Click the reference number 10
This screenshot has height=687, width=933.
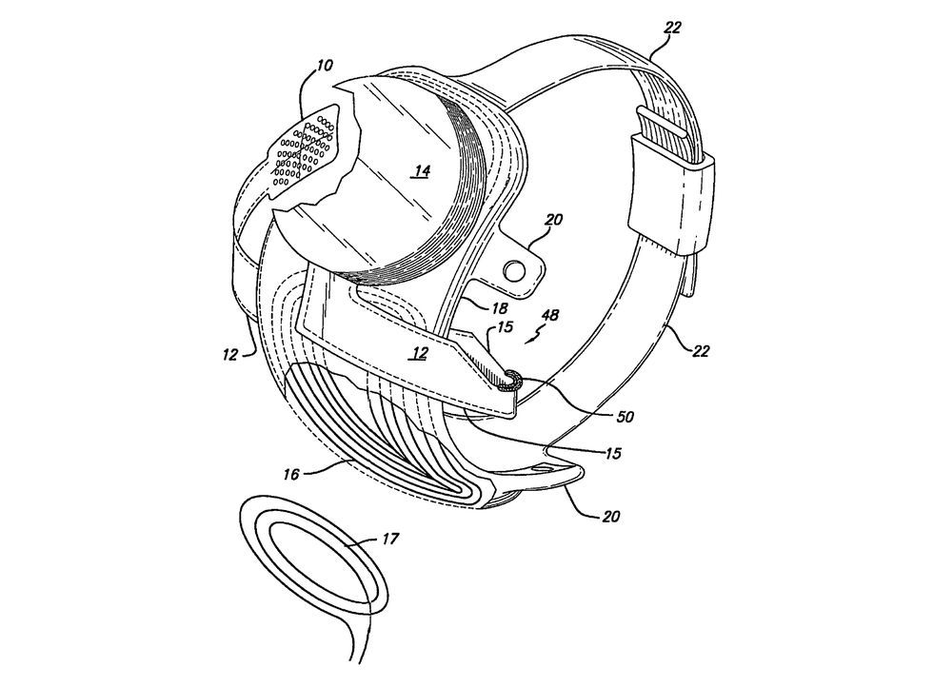pyautogui.click(x=325, y=65)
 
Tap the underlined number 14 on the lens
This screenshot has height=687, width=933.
pyautogui.click(x=422, y=171)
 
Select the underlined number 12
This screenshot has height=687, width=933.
pyautogui.click(x=420, y=353)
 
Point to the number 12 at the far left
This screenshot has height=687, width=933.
pyautogui.click(x=230, y=355)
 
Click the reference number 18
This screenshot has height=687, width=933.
pyautogui.click(x=500, y=307)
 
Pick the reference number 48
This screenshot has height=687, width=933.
pyautogui.click(x=551, y=316)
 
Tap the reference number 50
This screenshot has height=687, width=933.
pyautogui.click(x=625, y=417)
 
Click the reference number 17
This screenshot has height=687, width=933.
pyautogui.click(x=389, y=539)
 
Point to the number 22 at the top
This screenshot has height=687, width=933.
pyautogui.click(x=672, y=28)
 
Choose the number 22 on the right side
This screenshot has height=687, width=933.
pyautogui.click(x=701, y=351)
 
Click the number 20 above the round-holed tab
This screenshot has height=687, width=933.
pyautogui.click(x=553, y=220)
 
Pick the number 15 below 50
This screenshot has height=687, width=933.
pyautogui.click(x=613, y=453)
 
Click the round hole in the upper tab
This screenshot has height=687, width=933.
pyautogui.click(x=511, y=270)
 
